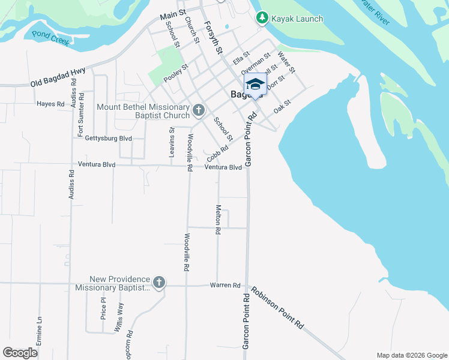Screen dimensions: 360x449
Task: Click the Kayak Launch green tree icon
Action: pos(262,18)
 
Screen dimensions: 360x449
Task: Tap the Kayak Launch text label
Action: pos(297,19)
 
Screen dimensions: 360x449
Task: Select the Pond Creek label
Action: pos(51,38)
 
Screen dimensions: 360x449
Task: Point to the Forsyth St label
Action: pos(214,38)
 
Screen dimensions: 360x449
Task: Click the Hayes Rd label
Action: pos(50,104)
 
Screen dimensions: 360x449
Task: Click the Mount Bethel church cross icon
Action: pos(199,110)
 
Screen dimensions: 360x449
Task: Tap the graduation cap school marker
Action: pos(255,85)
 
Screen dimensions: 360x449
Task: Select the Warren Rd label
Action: pos(225,285)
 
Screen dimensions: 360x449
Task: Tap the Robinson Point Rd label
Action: pos(277,307)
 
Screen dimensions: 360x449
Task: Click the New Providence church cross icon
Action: pos(159,283)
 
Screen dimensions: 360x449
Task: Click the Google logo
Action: pos(20,353)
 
